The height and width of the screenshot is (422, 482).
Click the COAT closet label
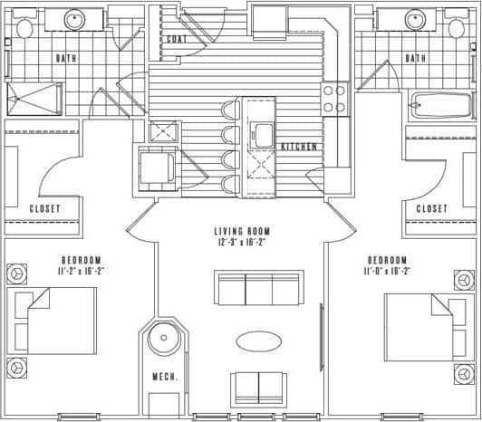[177, 39]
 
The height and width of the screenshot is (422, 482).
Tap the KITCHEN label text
[298, 147]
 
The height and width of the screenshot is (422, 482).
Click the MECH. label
[165, 378]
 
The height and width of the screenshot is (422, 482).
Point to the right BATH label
[416, 58]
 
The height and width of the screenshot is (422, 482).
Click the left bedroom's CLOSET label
[43, 208]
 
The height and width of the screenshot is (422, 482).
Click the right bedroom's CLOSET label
[431, 208]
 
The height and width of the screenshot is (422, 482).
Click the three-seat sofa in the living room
[258, 287]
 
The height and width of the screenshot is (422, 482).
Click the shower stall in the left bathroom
[34, 98]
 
